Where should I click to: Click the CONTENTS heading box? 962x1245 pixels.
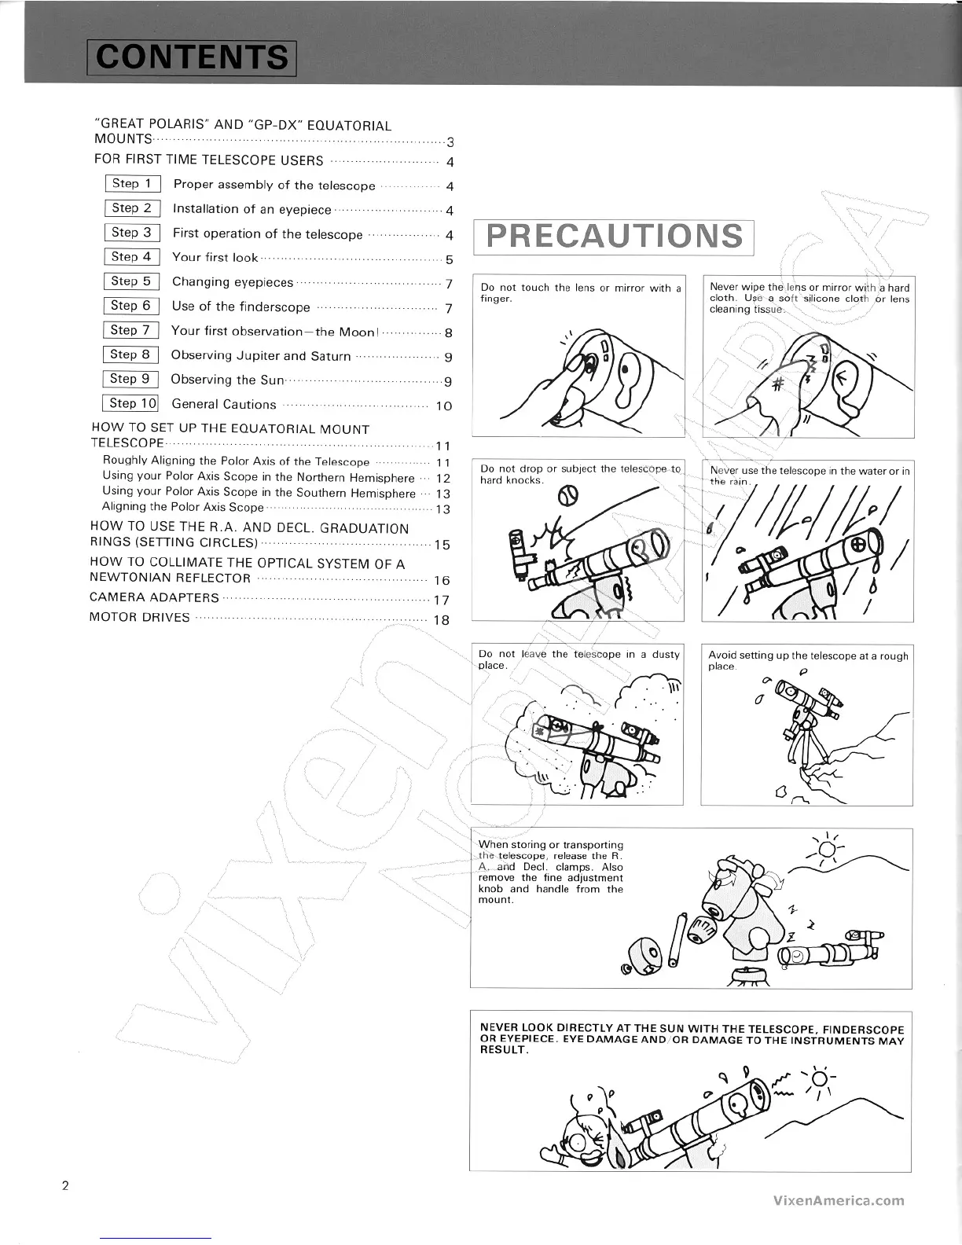[192, 57]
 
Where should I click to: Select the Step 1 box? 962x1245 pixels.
[132, 184]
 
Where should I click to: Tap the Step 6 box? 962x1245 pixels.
[130, 306]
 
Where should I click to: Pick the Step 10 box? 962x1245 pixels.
[130, 403]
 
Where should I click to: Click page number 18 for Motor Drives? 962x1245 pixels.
[441, 619]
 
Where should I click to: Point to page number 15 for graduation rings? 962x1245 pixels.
[441, 545]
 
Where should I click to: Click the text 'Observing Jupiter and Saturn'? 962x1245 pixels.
[261, 356]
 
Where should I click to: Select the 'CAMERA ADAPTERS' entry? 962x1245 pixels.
[155, 598]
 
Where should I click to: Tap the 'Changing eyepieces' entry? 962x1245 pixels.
[233, 282]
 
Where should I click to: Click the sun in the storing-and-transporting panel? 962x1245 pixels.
[826, 850]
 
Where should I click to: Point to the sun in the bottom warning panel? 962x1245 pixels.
[817, 1079]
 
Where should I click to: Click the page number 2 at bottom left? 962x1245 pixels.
[66, 1185]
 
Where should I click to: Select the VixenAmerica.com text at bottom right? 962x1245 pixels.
[838, 1200]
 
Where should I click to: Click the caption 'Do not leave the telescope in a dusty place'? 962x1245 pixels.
[578, 659]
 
